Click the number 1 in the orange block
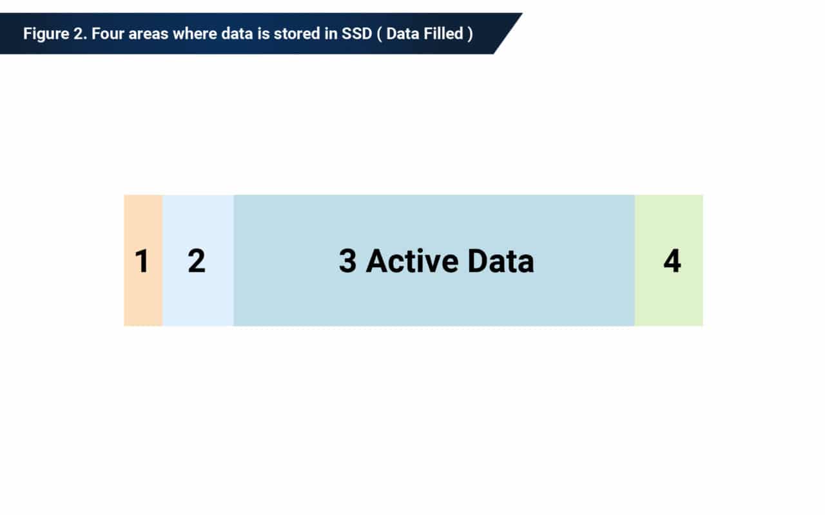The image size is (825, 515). point(142,261)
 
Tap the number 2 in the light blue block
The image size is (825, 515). point(197,261)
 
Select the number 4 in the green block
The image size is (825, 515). point(672,261)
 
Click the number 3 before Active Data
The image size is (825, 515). point(347,261)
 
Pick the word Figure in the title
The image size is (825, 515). point(41,33)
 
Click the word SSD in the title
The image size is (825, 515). point(357,33)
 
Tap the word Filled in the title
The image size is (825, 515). point(443,33)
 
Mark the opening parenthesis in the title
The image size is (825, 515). point(380,33)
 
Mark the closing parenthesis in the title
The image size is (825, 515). point(470,33)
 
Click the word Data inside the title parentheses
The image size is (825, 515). point(402,33)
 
